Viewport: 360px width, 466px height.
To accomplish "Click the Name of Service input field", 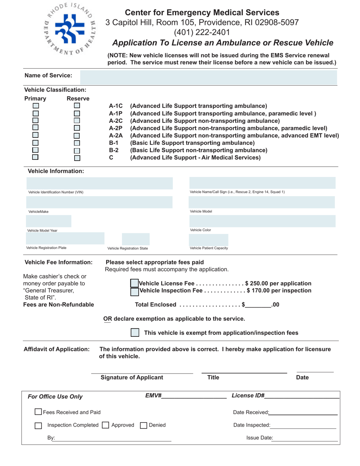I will coord(208,77).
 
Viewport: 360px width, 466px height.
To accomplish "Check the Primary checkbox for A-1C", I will coord(36,106).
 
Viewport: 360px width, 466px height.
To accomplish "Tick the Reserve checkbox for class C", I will coord(77,158).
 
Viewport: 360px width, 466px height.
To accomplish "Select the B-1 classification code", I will coord(114,143).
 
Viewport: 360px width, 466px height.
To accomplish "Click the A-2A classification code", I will coord(115,135).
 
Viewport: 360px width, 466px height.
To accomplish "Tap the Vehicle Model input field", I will coord(262,202).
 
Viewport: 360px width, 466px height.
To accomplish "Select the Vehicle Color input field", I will coord(262,221).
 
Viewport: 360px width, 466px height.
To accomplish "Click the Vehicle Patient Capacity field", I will coord(208,239).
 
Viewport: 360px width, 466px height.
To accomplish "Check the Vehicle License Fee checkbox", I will coord(134,283).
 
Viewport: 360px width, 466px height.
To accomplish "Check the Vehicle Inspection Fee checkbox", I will coord(134,291).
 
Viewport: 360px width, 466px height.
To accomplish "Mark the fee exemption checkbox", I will coord(135,333).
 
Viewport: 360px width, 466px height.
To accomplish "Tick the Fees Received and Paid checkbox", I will coord(38,412).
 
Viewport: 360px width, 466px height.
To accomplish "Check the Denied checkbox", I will coord(143,425).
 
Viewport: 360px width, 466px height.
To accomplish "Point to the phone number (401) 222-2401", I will coord(202,32).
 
